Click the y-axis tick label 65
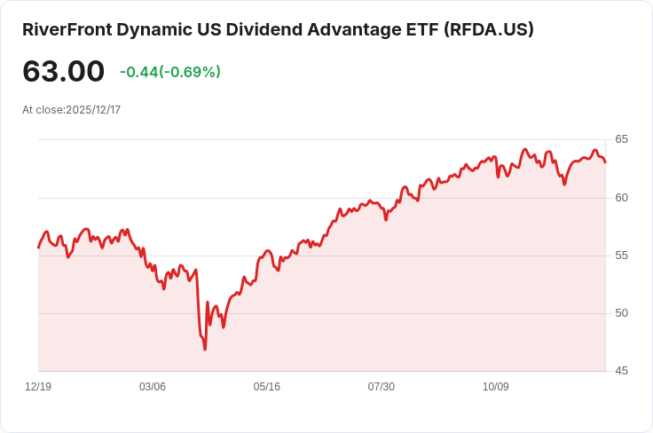pyautogui.click(x=621, y=139)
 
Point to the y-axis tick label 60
pyautogui.click(x=621, y=197)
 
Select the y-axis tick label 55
pyautogui.click(x=621, y=256)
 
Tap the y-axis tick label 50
pyautogui.click(x=621, y=313)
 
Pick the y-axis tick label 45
pyautogui.click(x=621, y=371)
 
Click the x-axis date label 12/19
pyautogui.click(x=38, y=387)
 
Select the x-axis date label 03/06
pyautogui.click(x=153, y=387)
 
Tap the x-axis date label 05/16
pyautogui.click(x=267, y=387)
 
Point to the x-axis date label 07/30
pyautogui.click(x=382, y=387)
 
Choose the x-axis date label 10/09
pyautogui.click(x=496, y=387)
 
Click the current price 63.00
pyautogui.click(x=63, y=72)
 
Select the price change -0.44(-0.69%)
pyautogui.click(x=170, y=72)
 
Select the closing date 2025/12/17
pyautogui.click(x=93, y=110)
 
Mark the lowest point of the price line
pyautogui.click(x=205, y=350)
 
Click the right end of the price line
pyautogui.click(x=605, y=161)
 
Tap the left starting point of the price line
pyautogui.click(x=38, y=248)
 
